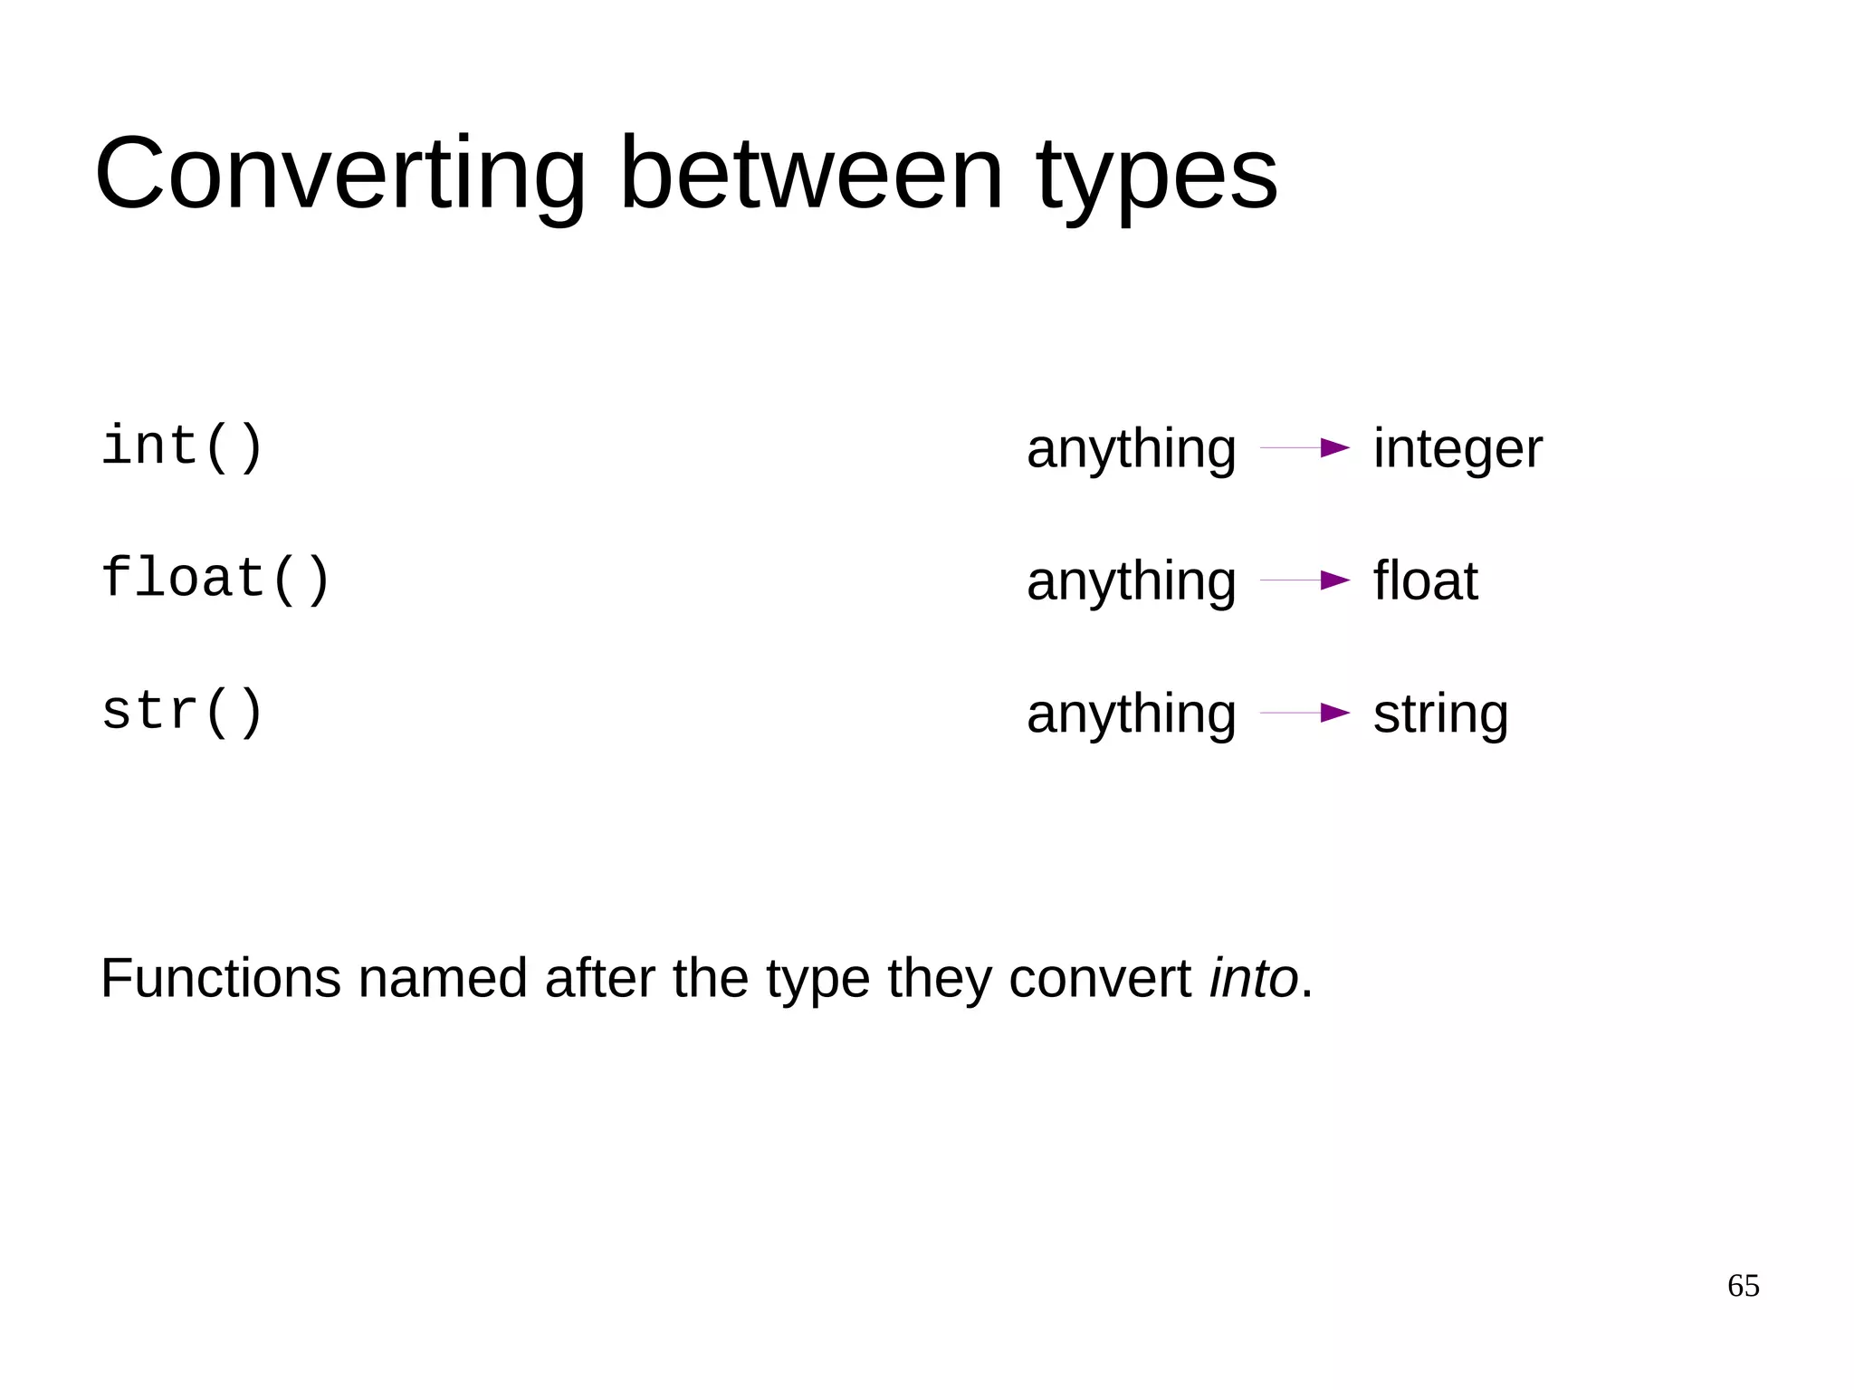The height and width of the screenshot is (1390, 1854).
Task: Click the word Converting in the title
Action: [340, 174]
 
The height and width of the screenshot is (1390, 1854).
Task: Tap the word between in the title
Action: [811, 174]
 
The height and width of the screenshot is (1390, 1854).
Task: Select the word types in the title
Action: [1157, 177]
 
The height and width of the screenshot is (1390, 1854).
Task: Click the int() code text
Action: [182, 446]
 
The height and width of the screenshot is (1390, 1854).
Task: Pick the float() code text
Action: [215, 579]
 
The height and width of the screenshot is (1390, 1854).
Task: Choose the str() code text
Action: [182, 711]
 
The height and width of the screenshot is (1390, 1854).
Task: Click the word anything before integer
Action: [1131, 450]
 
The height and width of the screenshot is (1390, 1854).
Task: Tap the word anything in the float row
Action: [1131, 582]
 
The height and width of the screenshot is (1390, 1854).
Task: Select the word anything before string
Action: [1131, 715]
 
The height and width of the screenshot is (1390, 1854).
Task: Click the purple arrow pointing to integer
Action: [1305, 447]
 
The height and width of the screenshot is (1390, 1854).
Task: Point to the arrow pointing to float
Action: [1305, 580]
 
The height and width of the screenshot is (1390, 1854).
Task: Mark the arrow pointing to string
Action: [1305, 713]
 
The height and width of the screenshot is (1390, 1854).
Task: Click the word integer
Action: [1457, 450]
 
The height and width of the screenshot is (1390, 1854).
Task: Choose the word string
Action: [1440, 715]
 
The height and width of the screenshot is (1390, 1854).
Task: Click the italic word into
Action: [1254, 979]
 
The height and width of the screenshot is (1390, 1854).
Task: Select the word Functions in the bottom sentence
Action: [221, 979]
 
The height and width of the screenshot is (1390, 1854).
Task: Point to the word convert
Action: [1099, 979]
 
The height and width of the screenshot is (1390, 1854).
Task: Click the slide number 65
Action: [1743, 1286]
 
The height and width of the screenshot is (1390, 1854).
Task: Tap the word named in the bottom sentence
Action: [443, 979]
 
